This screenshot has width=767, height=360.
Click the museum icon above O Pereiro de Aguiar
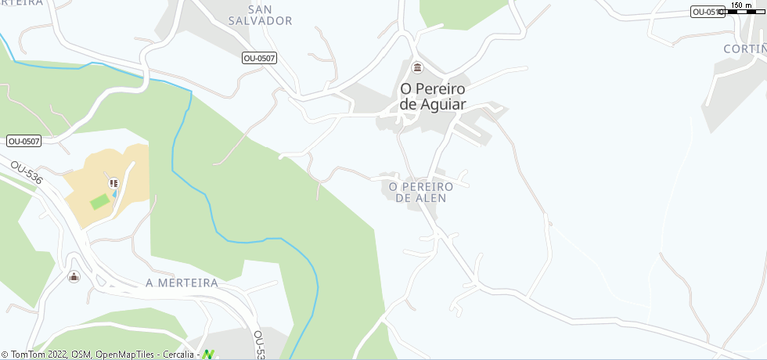point(417,67)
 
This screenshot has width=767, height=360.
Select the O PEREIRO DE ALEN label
point(420,193)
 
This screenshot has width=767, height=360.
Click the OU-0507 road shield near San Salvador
point(259,58)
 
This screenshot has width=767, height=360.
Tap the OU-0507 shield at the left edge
point(23,141)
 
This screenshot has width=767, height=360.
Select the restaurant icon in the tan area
point(113,182)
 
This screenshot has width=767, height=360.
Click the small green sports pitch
point(99,202)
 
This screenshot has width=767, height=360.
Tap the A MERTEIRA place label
point(182,283)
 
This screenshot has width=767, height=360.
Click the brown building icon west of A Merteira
point(74,276)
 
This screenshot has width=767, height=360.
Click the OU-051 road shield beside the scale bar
point(705,12)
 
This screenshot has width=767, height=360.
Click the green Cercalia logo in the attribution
point(208,355)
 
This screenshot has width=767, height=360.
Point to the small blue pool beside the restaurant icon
point(115,193)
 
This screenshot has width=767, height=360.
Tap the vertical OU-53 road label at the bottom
point(259,344)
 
